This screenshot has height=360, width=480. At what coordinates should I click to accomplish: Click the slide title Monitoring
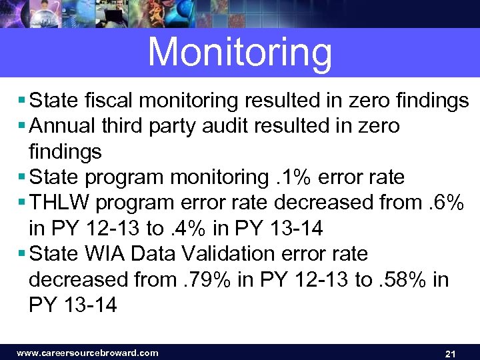[240, 52]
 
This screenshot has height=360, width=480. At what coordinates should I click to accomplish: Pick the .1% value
[293, 177]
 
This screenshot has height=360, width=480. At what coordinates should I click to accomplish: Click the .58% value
[400, 280]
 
